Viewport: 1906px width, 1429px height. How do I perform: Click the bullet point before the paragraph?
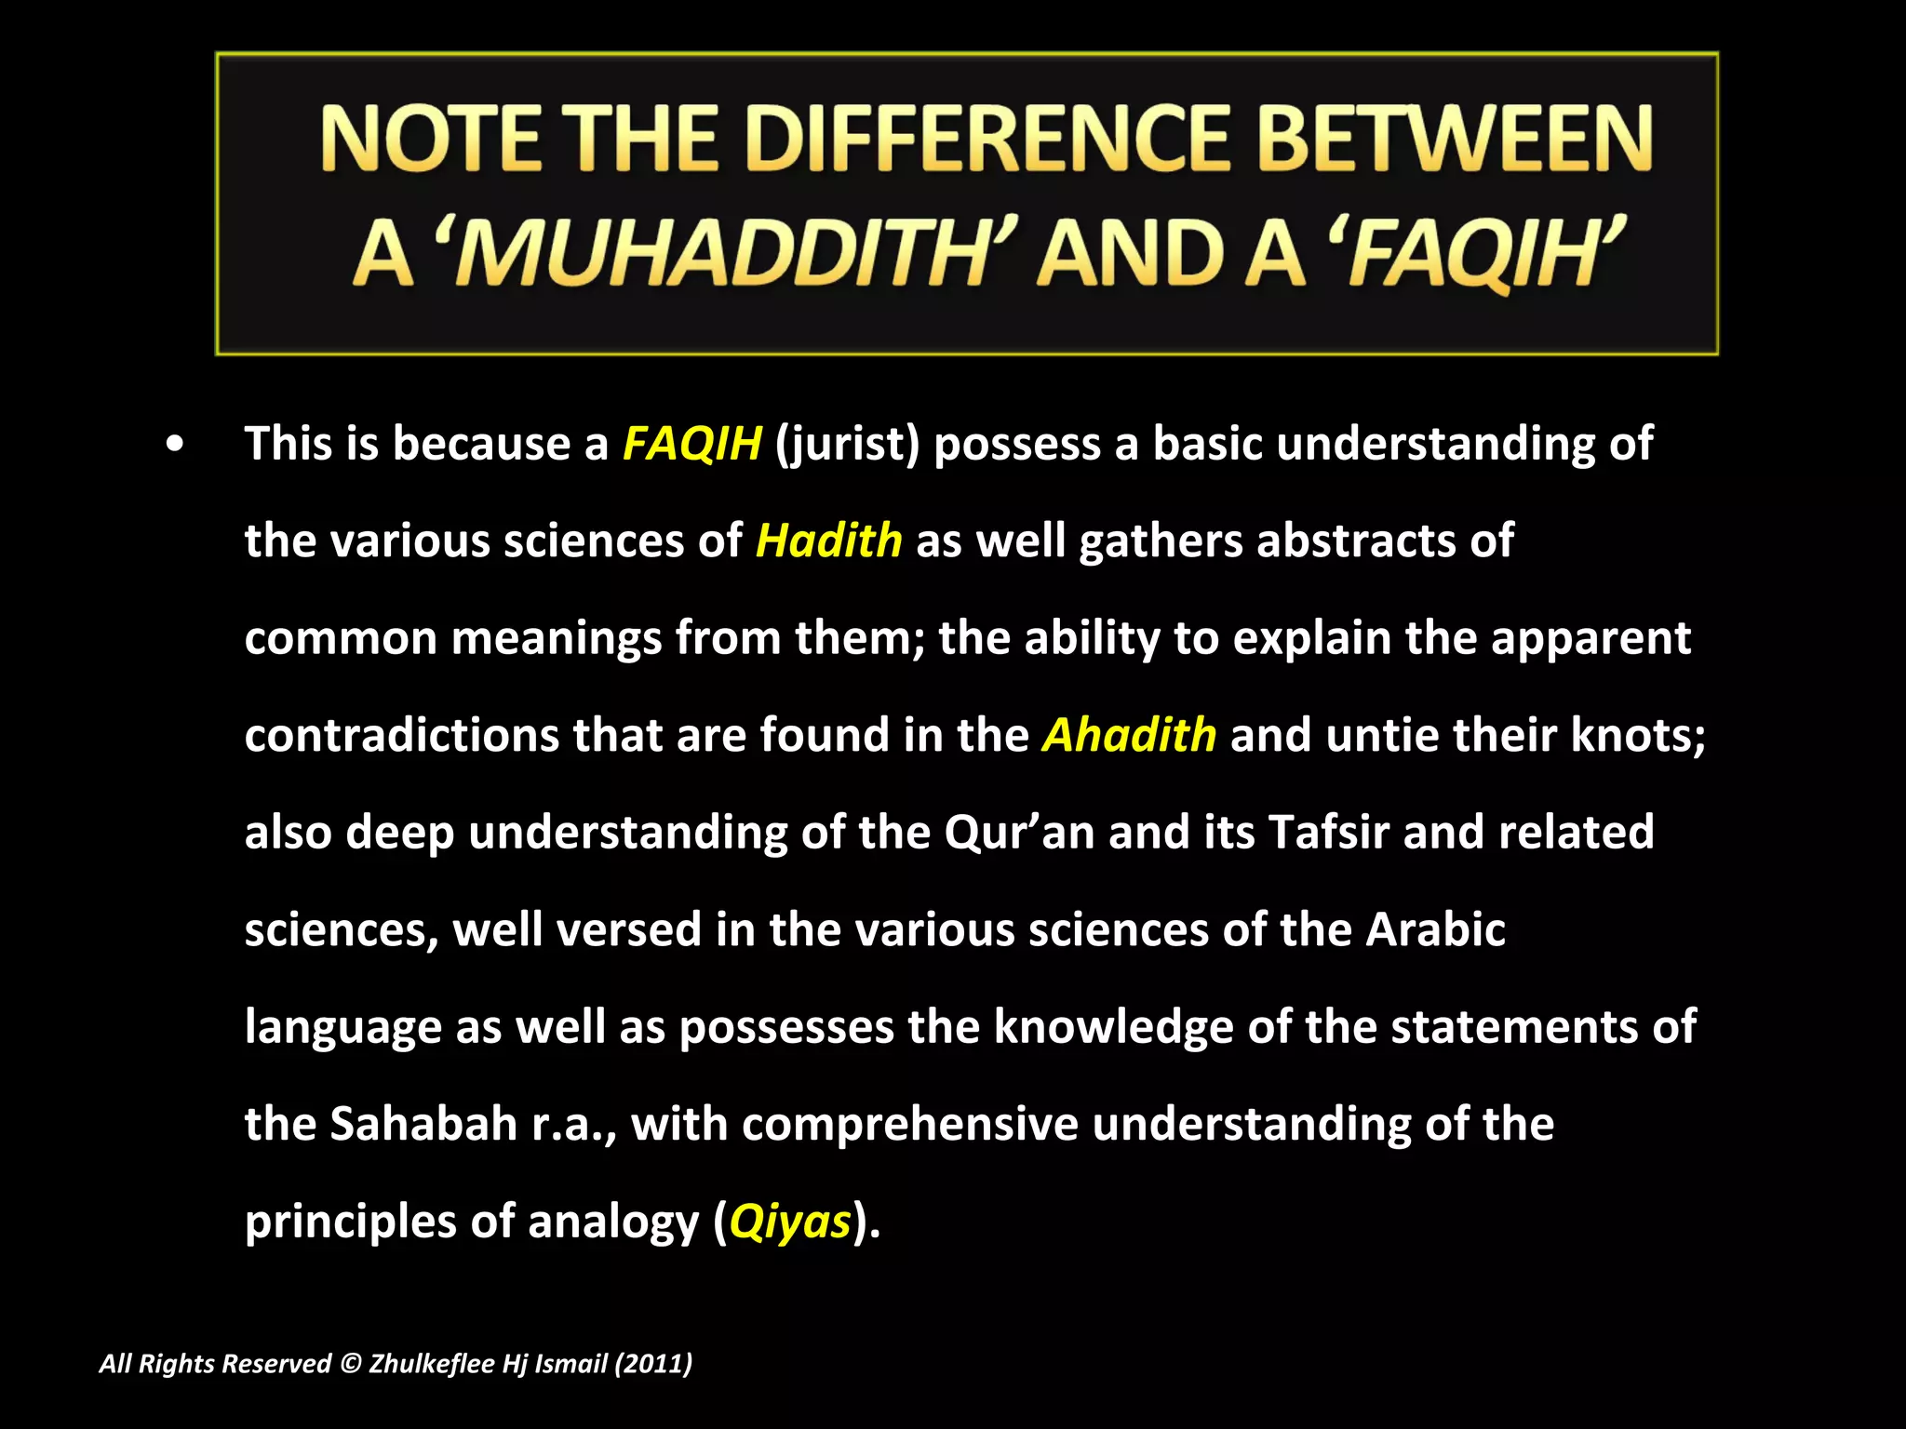[x=174, y=445]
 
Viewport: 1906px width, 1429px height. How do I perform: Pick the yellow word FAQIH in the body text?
[x=691, y=443]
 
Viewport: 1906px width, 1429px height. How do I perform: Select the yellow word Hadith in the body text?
[x=828, y=541]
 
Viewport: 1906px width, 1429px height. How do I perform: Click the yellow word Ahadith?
[x=1129, y=735]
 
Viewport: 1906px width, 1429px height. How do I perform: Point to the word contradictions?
[x=401, y=735]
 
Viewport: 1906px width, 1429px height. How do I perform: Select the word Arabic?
[x=1435, y=929]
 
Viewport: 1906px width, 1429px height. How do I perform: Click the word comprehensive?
[x=909, y=1124]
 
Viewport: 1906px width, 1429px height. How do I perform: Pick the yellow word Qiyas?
[x=790, y=1222]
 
